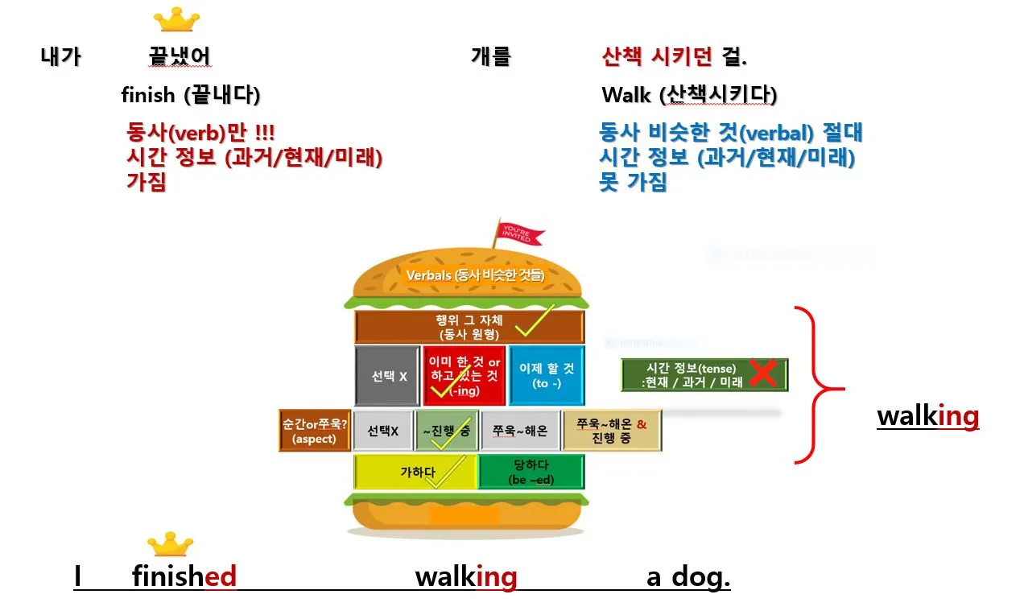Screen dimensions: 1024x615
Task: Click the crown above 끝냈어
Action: coord(176,19)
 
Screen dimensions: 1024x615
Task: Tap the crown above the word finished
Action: coord(170,545)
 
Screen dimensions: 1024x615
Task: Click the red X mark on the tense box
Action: coord(762,374)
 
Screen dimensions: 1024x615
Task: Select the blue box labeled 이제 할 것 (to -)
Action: coord(547,376)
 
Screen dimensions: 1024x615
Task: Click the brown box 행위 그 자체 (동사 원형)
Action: coord(469,325)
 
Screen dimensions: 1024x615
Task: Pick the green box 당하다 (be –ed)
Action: coord(531,472)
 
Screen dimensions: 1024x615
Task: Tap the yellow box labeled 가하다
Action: coord(416,472)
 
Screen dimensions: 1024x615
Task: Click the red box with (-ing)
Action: coord(465,376)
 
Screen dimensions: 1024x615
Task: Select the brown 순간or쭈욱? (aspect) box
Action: coord(315,431)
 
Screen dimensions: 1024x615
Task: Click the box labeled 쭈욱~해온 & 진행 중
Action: coord(613,431)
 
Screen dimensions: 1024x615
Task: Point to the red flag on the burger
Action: coord(520,234)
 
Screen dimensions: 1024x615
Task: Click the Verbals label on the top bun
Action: coord(475,275)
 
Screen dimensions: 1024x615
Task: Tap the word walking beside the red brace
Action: coord(927,416)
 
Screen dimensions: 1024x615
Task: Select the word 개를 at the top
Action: coord(491,56)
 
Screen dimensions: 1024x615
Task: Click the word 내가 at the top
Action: coord(60,57)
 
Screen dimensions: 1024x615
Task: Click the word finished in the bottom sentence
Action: coord(184,576)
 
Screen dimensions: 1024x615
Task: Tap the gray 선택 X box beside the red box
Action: coord(387,376)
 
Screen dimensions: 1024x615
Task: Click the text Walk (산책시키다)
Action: coord(688,95)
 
